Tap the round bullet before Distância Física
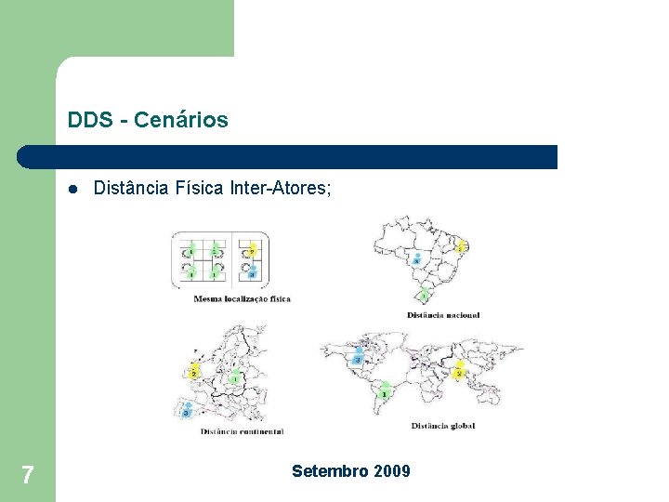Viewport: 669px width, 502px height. pos(72,189)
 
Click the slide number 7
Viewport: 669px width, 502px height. pos(27,476)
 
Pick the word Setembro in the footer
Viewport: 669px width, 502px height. pos(331,471)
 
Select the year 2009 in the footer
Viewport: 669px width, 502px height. pos(392,471)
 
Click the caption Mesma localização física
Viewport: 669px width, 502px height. pos(242,298)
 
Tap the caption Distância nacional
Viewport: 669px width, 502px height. pos(443,315)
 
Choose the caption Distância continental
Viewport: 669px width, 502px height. pos(242,431)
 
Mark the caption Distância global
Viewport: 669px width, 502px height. pos(442,426)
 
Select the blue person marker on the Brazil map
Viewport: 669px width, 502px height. pos(417,260)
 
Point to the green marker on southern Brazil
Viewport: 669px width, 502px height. pos(425,296)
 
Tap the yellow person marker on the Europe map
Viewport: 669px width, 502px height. pos(194,371)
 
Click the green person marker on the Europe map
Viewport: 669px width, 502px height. pos(236,377)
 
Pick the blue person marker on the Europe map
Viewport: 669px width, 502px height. pos(187,408)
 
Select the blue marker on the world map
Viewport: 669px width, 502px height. pos(359,358)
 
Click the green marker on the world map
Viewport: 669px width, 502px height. pos(384,390)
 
